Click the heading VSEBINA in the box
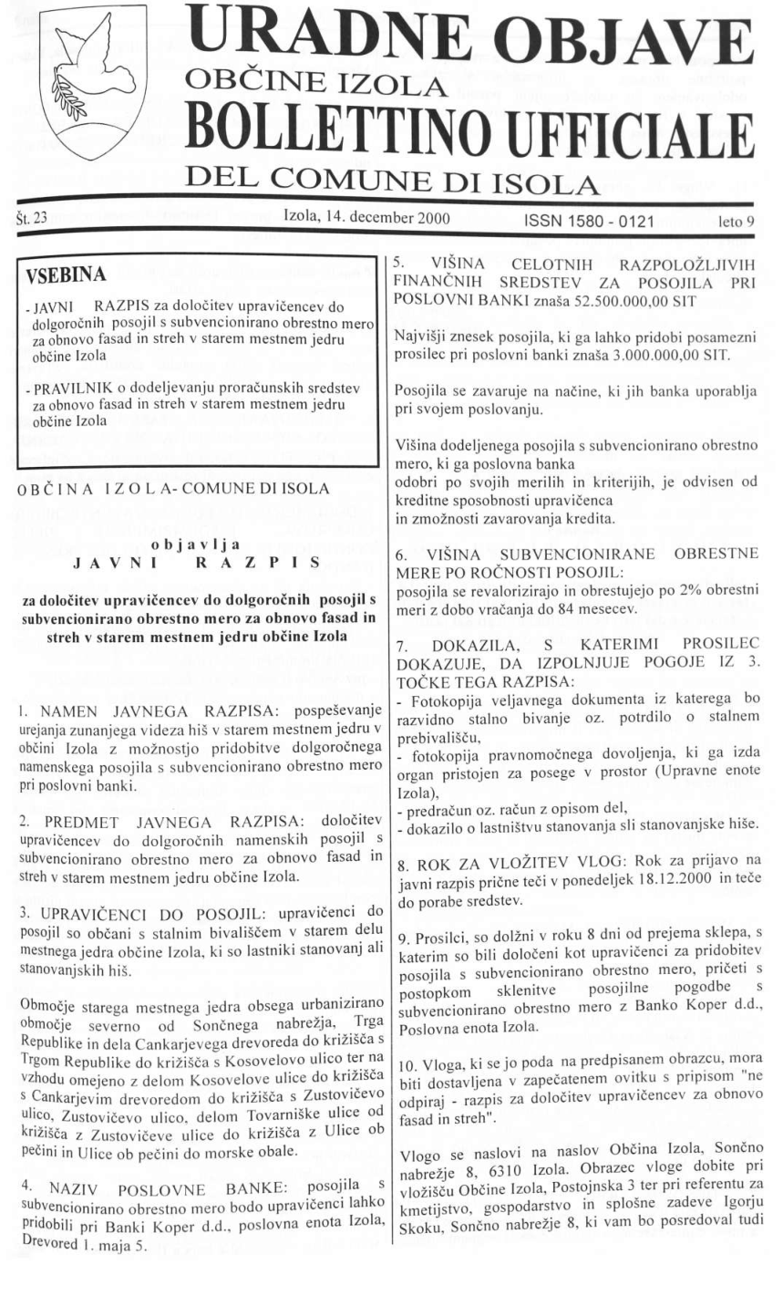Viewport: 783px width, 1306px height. click(x=67, y=275)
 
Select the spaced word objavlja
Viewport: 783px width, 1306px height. click(x=194, y=544)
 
